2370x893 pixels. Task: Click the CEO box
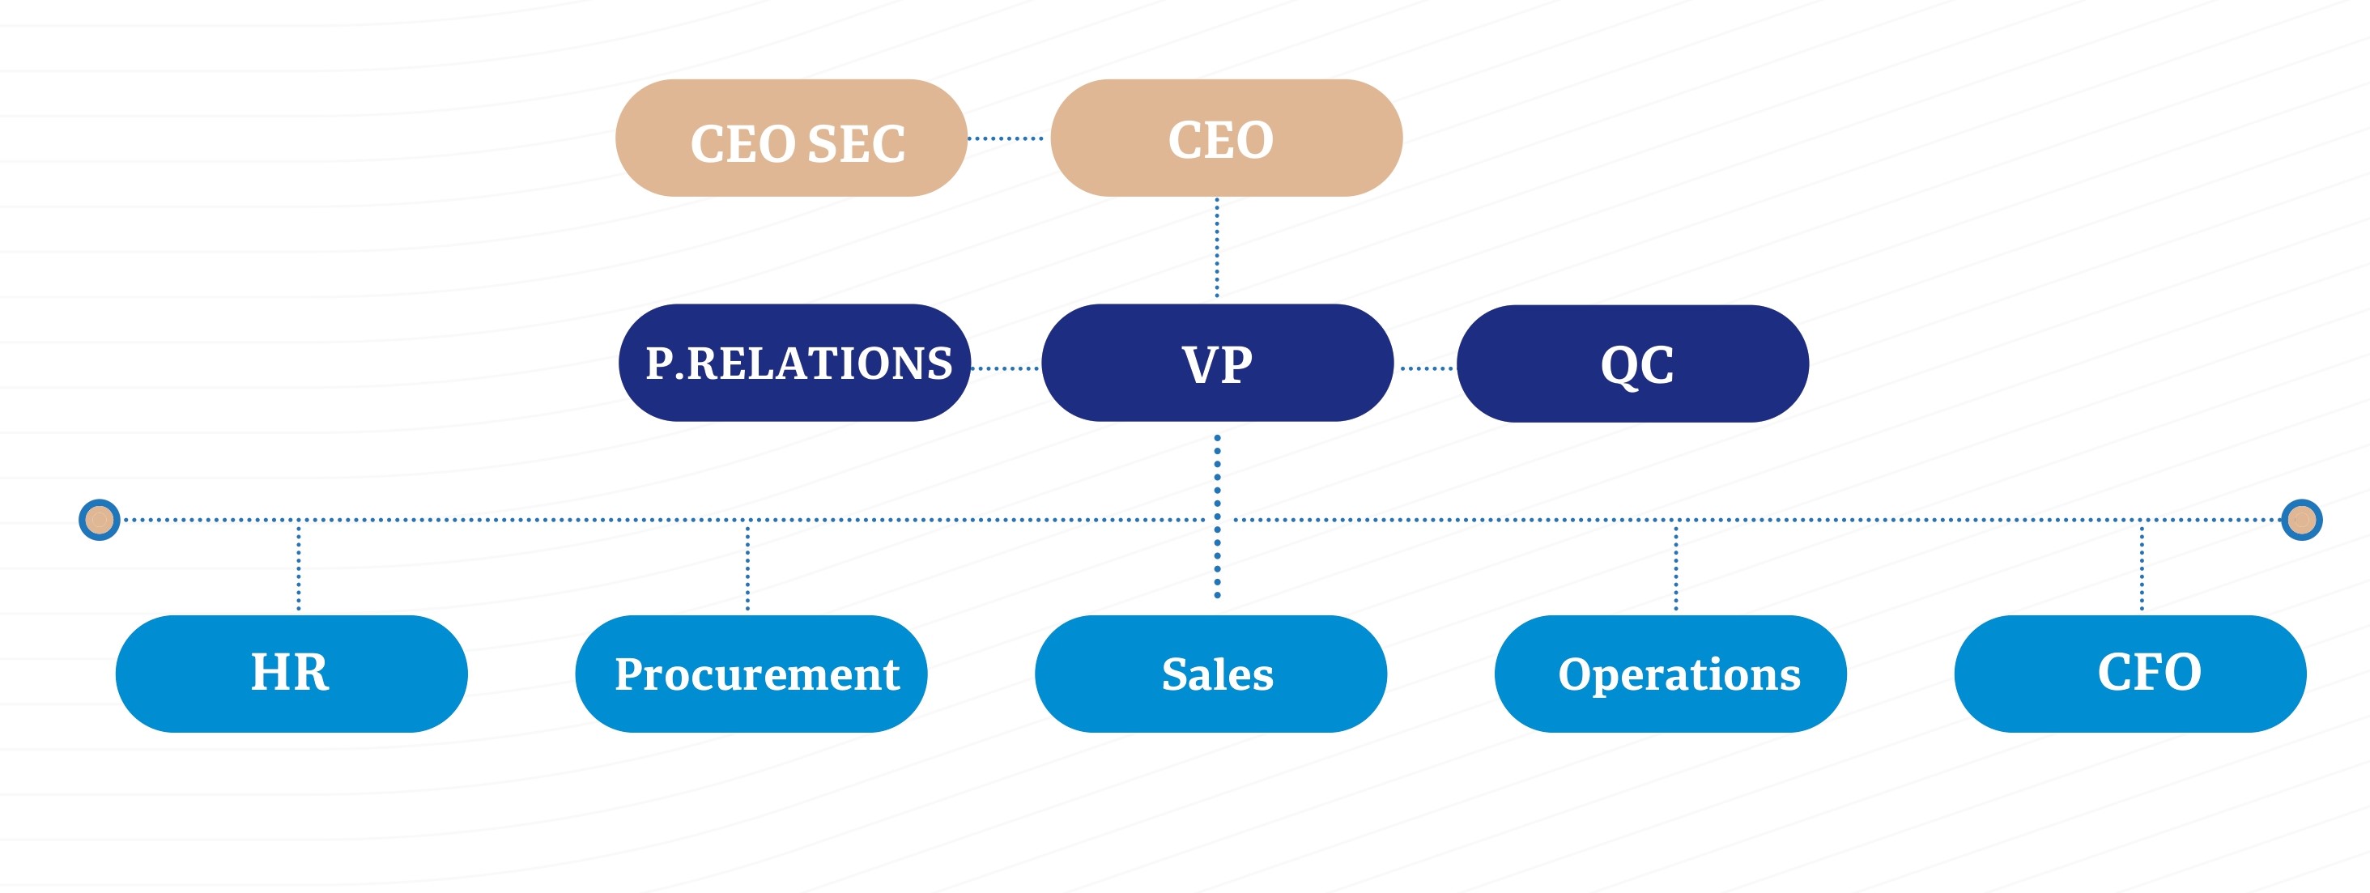coord(1225,138)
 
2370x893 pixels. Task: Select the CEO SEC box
coord(791,138)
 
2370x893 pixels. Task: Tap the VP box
coord(1217,364)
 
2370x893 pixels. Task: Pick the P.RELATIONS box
coord(794,364)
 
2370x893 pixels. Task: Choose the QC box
coord(1633,364)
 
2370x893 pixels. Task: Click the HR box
coord(291,674)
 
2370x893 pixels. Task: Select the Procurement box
coord(751,674)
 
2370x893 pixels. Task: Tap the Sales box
coord(1211,674)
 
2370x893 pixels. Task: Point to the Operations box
coord(1670,674)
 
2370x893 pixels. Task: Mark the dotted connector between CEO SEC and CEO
coord(1006,139)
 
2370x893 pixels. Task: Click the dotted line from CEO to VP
coord(1217,249)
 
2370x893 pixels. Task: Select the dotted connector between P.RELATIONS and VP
coord(1006,368)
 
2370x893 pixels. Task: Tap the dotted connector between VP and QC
coord(1426,368)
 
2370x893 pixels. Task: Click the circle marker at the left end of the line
coord(100,521)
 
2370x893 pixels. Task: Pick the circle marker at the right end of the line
coord(2302,521)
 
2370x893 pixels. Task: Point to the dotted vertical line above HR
coord(299,566)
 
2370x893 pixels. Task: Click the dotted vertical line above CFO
coord(2142,566)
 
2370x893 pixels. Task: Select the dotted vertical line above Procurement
coord(748,566)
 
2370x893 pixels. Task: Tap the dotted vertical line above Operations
coord(1676,566)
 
